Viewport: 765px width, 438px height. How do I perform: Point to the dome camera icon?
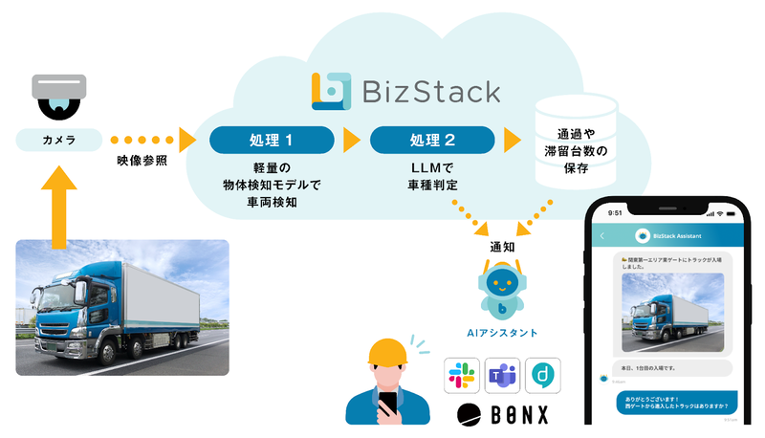(x=59, y=96)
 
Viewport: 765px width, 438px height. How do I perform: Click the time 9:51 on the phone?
(x=614, y=213)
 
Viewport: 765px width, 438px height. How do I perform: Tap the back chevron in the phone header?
(x=602, y=235)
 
